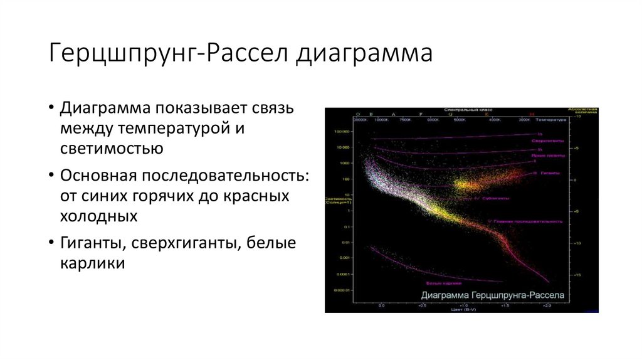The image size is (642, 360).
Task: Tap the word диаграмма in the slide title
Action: (x=364, y=53)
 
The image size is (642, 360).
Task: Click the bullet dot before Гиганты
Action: (x=50, y=243)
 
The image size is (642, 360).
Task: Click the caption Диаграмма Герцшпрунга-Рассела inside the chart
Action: (x=493, y=294)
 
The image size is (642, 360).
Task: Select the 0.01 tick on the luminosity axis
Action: (x=344, y=243)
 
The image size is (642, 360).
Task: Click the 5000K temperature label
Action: (x=460, y=120)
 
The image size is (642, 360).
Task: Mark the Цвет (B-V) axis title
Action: (x=461, y=309)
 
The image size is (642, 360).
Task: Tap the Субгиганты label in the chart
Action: (x=496, y=198)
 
